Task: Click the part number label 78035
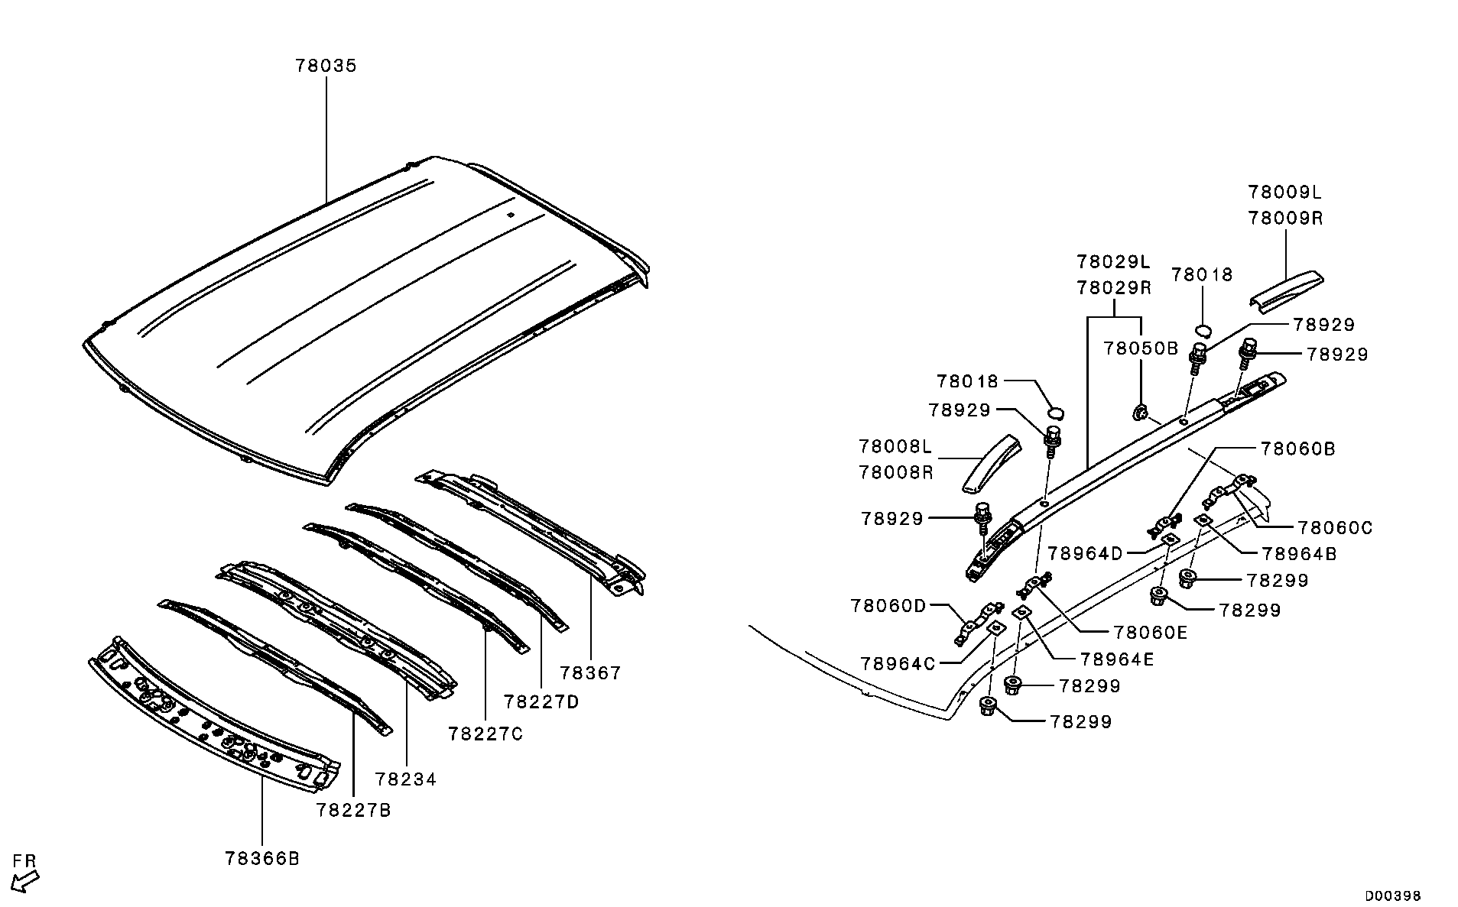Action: click(326, 66)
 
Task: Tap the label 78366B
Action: click(262, 859)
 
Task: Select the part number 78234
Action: click(406, 779)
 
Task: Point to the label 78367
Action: click(590, 673)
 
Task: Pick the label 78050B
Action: click(1141, 349)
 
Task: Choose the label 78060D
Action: click(888, 606)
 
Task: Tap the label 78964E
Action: click(1118, 659)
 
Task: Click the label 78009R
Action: click(1286, 219)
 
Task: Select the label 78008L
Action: click(896, 446)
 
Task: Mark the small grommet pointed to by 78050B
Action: click(1140, 413)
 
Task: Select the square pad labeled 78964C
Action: click(996, 627)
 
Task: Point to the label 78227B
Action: click(353, 810)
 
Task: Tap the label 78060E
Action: click(1150, 633)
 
